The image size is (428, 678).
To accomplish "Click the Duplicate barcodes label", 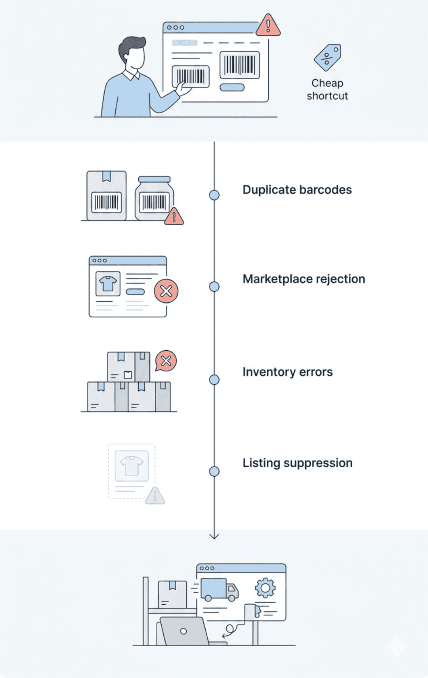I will pos(297,190).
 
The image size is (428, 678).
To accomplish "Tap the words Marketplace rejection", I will pos(304,279).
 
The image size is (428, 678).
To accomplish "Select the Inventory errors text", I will pos(287,372).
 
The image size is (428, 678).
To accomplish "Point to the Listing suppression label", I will pos(297,463).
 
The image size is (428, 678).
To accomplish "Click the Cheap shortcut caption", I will pos(327,90).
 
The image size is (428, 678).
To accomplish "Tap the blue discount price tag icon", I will pos(328,58).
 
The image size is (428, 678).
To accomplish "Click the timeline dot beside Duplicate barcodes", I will pos(214,195).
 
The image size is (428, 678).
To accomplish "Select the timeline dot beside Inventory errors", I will pos(214,380).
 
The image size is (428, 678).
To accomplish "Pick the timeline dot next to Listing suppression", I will pos(214,472).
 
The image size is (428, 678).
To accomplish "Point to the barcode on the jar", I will pos(154,202).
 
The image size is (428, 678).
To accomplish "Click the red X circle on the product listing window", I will pos(166,291).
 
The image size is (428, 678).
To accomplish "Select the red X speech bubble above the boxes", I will pos(166,361).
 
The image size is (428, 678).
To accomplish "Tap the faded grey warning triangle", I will pos(155,496).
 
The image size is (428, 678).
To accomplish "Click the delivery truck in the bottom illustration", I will pos(218,590).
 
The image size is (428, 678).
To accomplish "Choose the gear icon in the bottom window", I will pos(265,588).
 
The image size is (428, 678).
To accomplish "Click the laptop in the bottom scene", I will pos(183,631).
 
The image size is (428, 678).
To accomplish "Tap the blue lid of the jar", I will pos(154,180).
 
